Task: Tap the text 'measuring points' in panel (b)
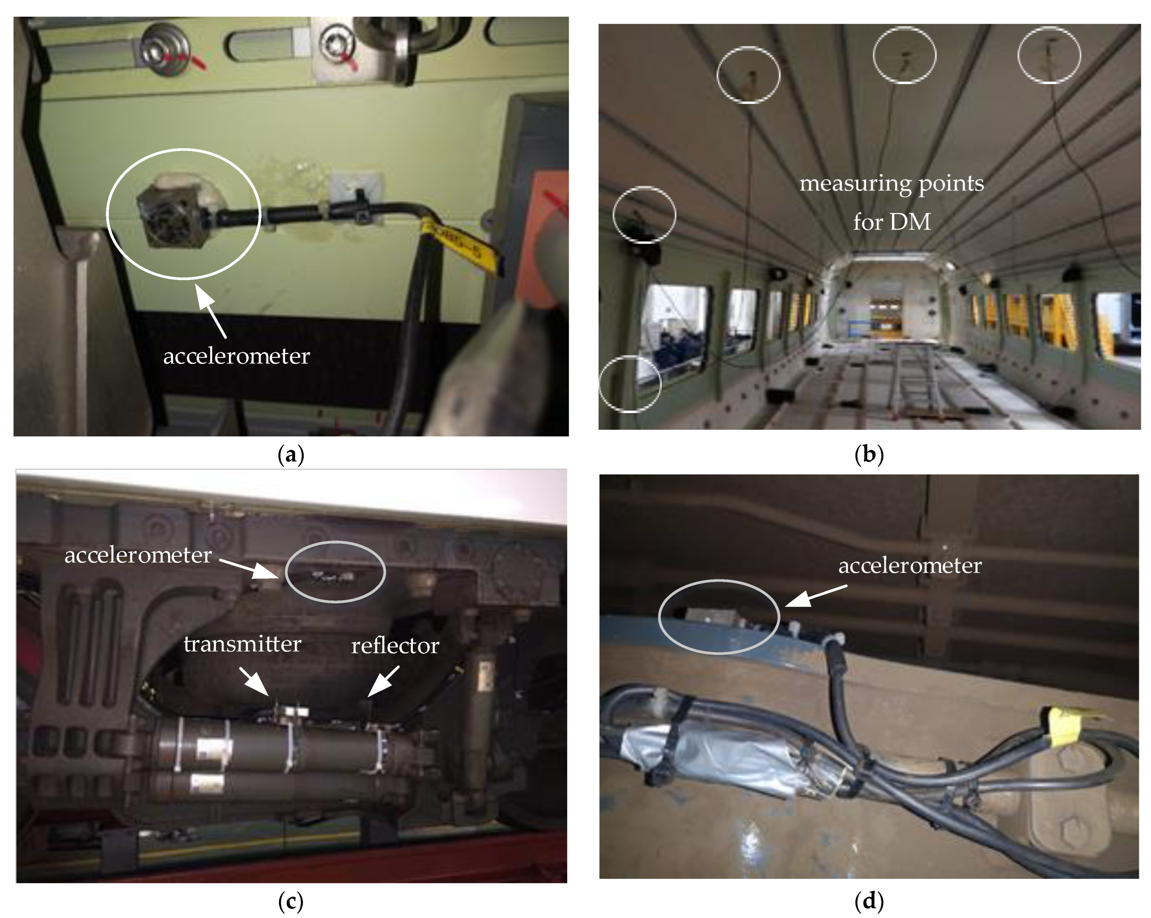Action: click(892, 184)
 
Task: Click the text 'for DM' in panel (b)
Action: click(892, 222)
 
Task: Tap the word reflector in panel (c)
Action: click(395, 646)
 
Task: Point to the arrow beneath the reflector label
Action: click(383, 681)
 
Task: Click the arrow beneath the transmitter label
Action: click(254, 681)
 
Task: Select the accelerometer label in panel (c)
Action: click(138, 556)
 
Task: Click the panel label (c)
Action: click(291, 902)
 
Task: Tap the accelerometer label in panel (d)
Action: click(910, 566)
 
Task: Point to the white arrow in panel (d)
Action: click(816, 596)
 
